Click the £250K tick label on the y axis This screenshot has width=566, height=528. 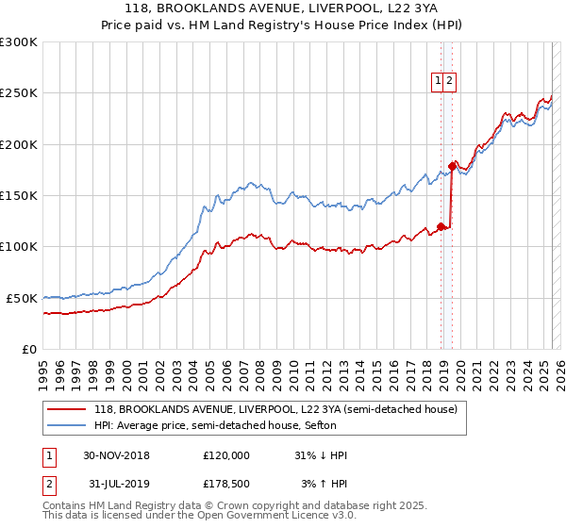(18, 93)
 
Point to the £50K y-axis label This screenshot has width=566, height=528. (22, 298)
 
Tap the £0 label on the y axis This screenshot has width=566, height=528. (29, 349)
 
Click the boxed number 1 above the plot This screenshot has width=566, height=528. (439, 82)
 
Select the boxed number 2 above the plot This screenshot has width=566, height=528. (450, 82)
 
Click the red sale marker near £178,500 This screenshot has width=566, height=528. (452, 166)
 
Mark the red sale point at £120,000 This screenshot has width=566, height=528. (441, 226)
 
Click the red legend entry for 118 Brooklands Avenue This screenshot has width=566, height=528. (275, 409)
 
